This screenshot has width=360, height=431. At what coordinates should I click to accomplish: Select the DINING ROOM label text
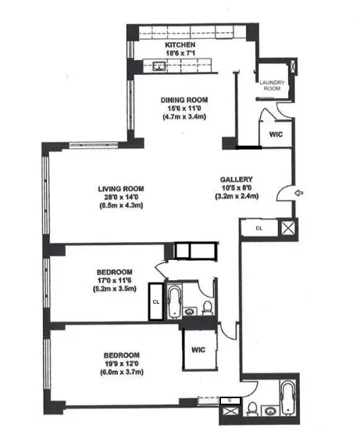pos(184,100)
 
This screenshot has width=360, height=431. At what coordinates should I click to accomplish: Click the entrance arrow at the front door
pos(300,193)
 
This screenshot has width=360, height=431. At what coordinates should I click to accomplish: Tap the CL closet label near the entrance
pos(259,228)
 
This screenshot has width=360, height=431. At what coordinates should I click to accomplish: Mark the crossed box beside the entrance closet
pos(288,229)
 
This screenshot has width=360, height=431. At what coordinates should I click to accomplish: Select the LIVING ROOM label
pos(118,189)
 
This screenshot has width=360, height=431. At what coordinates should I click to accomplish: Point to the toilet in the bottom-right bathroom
pos(252,407)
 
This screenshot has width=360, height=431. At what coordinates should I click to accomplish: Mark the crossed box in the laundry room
pos(292,67)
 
